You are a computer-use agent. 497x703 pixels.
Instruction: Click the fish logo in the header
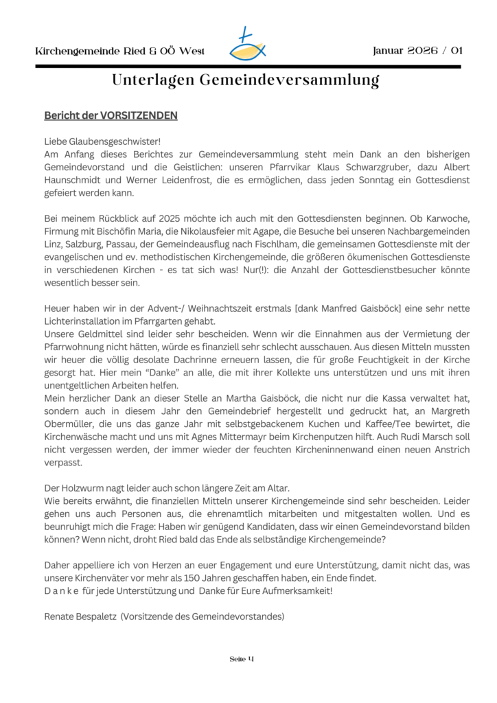click(248, 45)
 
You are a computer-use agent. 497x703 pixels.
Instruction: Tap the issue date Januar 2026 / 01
click(417, 51)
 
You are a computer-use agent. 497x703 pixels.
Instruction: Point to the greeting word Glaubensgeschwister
click(113, 141)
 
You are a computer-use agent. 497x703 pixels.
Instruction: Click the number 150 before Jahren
click(174, 578)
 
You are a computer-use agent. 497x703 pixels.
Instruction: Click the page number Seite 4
click(242, 659)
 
